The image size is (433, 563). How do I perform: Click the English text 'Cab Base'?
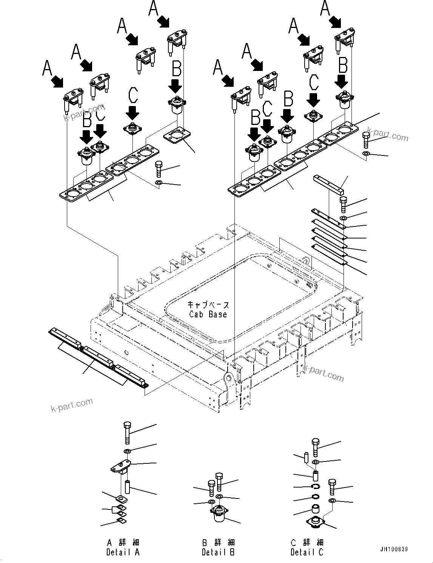[x=208, y=314]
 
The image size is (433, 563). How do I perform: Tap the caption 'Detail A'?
[x=123, y=552]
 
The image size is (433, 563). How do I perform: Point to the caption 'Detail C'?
[x=307, y=552]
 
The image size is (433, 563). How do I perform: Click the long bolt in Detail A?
[x=127, y=433]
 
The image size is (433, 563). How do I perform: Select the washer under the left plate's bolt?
[x=159, y=183]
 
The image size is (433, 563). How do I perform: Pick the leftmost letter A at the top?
[x=47, y=68]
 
